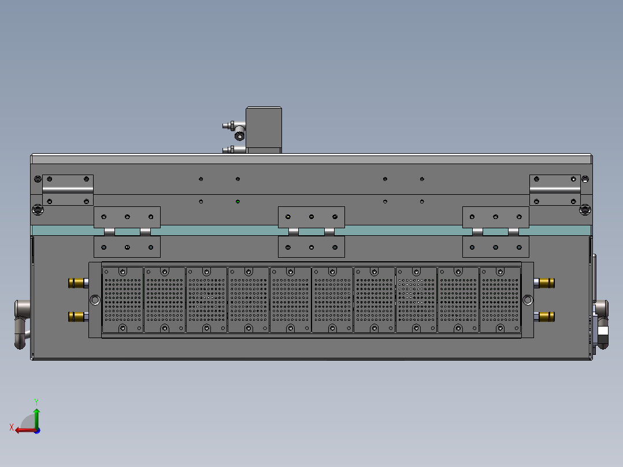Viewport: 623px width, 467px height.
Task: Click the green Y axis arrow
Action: coord(36,415)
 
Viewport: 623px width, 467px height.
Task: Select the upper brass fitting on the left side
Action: coord(76,283)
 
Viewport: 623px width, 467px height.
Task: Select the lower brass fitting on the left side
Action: coord(76,316)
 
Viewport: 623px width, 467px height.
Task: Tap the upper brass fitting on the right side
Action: coord(546,283)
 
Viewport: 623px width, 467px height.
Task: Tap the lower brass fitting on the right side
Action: coord(546,316)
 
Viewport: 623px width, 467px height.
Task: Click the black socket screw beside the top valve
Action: coord(239,136)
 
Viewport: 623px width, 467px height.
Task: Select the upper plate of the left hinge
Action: coord(127,217)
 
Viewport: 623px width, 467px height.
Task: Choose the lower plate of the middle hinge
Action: coord(311,247)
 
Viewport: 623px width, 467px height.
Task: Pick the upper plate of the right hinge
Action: coord(496,217)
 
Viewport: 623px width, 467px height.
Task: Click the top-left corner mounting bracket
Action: coord(68,190)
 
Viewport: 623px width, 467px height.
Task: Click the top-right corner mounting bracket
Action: coord(555,190)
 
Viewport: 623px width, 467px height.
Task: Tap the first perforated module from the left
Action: coord(123,299)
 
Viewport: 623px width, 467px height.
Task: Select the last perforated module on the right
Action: coord(500,299)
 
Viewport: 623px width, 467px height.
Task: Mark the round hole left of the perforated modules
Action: coord(95,299)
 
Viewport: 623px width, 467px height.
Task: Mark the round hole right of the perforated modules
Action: coord(528,299)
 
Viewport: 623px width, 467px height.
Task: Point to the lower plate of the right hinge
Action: coord(496,247)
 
